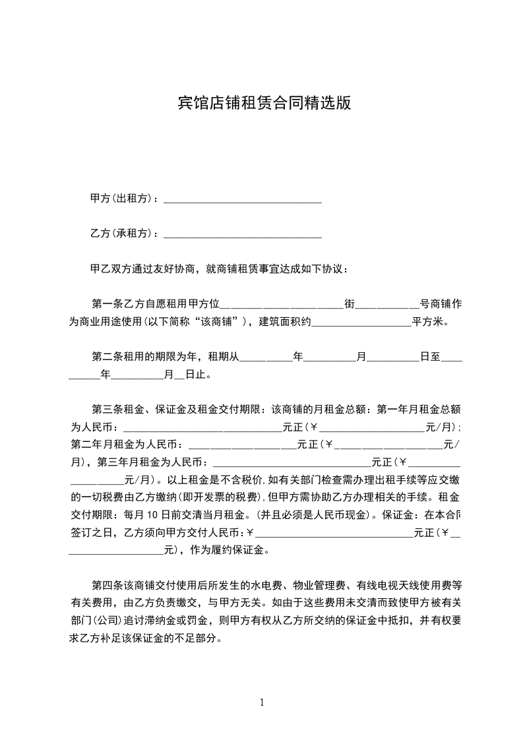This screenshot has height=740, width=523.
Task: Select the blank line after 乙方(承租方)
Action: pyautogui.click(x=242, y=235)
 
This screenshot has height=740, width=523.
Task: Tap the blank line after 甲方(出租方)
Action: pyautogui.click(x=242, y=199)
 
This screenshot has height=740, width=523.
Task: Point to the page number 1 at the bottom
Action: pyautogui.click(x=262, y=702)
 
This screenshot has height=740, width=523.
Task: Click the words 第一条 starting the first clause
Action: pyautogui.click(x=106, y=304)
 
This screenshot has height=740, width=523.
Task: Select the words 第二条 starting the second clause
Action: pyautogui.click(x=106, y=357)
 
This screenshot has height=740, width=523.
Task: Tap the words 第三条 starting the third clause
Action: pyautogui.click(x=106, y=410)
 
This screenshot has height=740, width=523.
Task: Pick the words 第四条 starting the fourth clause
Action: pyautogui.click(x=106, y=585)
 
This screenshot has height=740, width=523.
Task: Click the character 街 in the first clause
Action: pyautogui.click(x=350, y=304)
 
